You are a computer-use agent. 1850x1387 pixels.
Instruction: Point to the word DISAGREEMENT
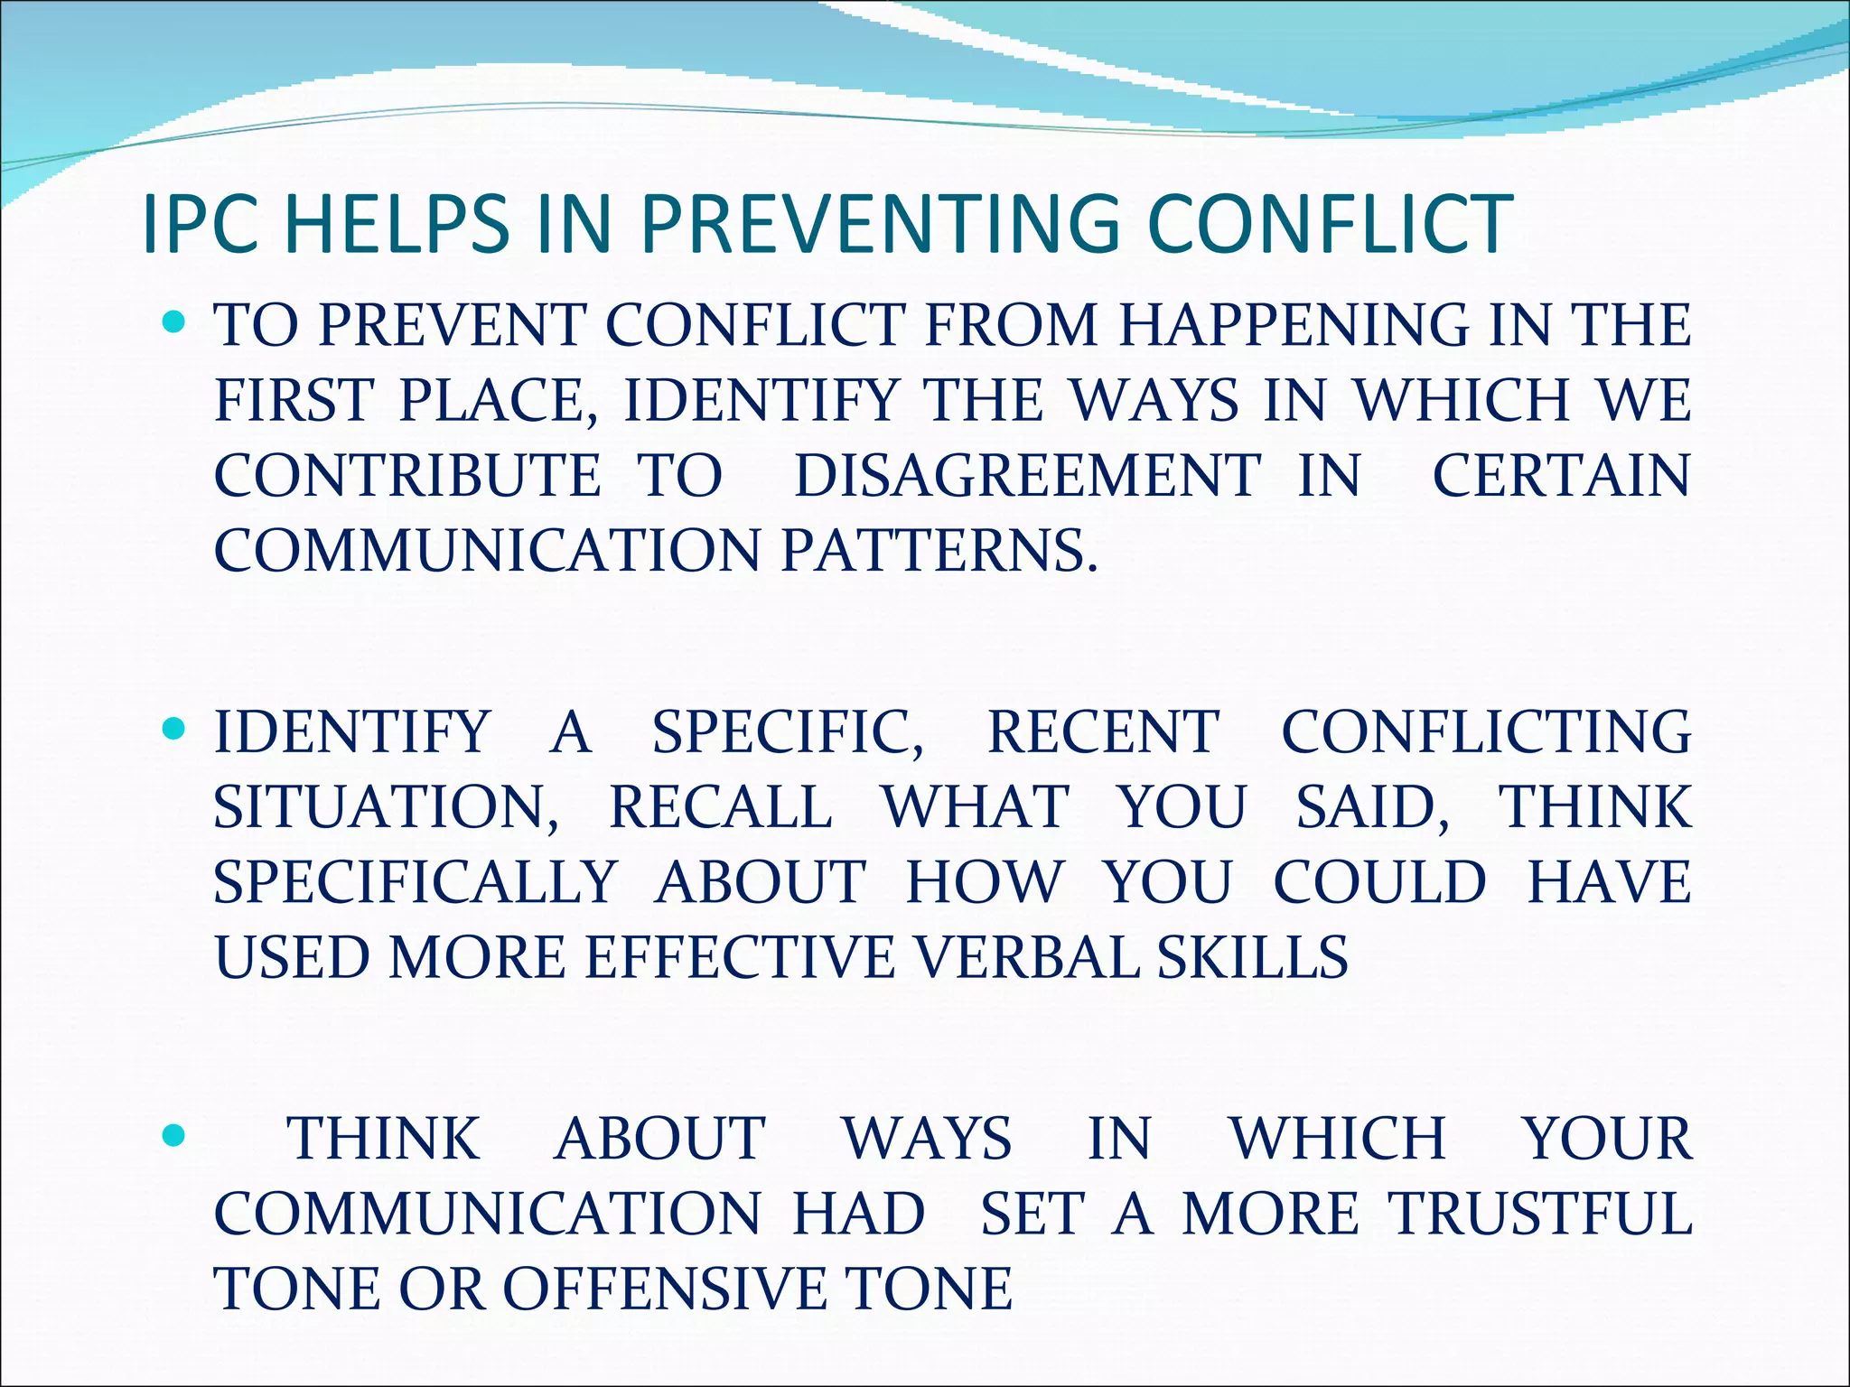(1026, 475)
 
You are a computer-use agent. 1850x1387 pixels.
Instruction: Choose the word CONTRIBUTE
(407, 475)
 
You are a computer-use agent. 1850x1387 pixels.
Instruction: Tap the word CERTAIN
(1561, 475)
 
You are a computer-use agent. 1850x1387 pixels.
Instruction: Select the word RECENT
(1103, 731)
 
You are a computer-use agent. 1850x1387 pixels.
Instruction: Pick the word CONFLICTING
(1486, 731)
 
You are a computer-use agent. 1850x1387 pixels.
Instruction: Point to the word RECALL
(720, 806)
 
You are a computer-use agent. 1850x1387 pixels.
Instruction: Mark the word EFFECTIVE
(740, 957)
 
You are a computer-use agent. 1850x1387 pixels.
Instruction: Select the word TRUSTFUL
(1540, 1213)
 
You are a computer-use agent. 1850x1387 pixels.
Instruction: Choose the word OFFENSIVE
(664, 1288)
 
